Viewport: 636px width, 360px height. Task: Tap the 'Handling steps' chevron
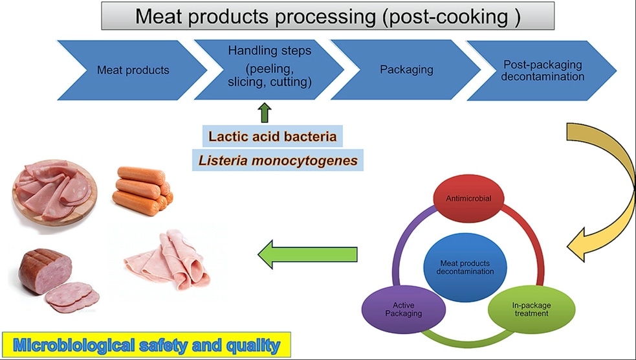269,70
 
